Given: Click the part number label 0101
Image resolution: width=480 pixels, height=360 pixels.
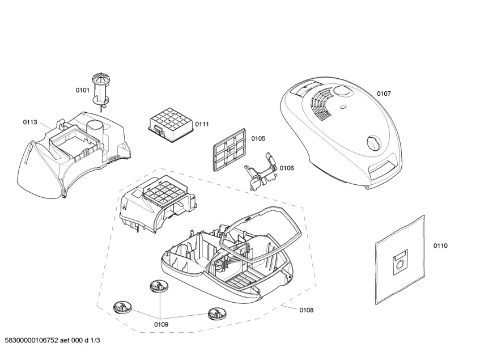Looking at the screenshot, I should click(x=83, y=90).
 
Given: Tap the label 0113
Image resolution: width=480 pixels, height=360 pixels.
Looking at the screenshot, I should click(x=30, y=122).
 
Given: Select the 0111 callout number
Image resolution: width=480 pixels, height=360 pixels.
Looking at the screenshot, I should click(x=202, y=124).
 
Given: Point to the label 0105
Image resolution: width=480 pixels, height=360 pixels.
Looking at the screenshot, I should click(x=258, y=138).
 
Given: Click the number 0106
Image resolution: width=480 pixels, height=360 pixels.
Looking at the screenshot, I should click(x=287, y=167).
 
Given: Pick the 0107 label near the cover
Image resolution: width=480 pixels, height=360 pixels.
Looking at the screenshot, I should click(x=384, y=94).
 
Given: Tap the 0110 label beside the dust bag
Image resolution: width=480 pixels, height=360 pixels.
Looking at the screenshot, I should click(x=440, y=245).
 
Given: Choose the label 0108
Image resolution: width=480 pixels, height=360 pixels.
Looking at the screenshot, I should click(x=306, y=310).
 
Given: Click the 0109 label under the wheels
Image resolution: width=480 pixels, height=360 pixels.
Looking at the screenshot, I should click(x=162, y=324).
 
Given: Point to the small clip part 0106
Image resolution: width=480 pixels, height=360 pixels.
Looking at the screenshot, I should click(x=260, y=172).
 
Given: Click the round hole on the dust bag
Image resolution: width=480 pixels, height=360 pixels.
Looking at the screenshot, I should click(x=400, y=263).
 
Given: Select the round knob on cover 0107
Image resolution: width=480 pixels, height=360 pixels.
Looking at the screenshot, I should click(x=375, y=142).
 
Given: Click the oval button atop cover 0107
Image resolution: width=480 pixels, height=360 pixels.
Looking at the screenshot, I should click(x=342, y=91).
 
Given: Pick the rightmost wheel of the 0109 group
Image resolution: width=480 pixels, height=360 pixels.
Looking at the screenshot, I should click(x=216, y=312).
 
